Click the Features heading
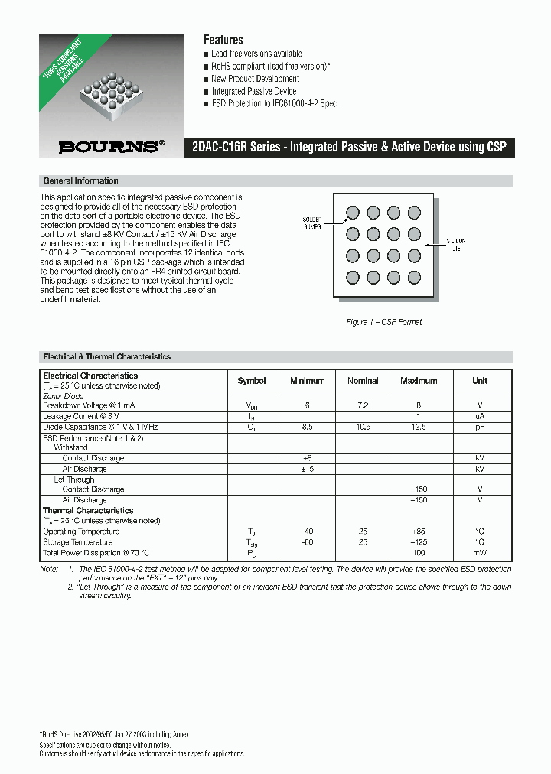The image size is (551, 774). [223, 40]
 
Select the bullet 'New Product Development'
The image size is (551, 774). [255, 79]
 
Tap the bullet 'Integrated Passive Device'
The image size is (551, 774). [253, 91]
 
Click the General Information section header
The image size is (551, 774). [80, 181]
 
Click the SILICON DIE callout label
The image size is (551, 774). [456, 246]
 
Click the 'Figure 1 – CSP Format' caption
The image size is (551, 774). [384, 322]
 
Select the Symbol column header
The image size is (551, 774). [252, 381]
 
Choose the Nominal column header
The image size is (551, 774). [363, 381]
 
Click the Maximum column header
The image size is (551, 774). [419, 381]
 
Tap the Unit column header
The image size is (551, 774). [480, 381]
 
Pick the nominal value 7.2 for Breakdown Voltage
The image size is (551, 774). [363, 405]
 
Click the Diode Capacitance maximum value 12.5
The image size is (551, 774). [419, 427]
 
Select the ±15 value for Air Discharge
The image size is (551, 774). [307, 469]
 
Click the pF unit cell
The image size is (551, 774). [480, 427]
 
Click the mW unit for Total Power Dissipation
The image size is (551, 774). [480, 553]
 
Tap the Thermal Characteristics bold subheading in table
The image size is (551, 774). [88, 510]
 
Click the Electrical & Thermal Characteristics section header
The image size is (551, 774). [106, 357]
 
